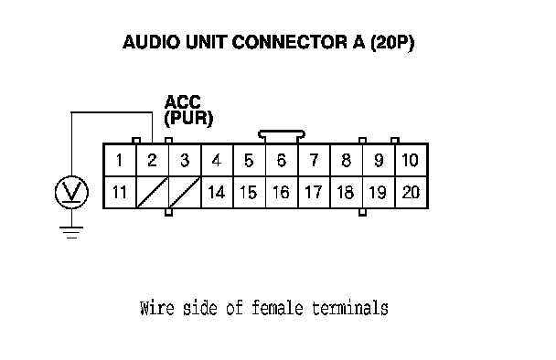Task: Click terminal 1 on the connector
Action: coord(120,160)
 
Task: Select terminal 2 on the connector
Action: coord(153,160)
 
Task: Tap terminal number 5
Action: coord(250,160)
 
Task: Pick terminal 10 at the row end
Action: coord(412,160)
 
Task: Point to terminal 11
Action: coord(120,192)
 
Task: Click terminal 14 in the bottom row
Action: coord(217,192)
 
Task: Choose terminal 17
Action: coord(314,192)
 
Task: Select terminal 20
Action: coord(412,192)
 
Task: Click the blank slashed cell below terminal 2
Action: coord(153,192)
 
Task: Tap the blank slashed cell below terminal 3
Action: coord(185,192)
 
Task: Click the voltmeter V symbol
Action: coord(71,192)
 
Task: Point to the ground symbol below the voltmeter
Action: coord(71,232)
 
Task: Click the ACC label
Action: coord(183,102)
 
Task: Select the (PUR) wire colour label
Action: coord(188,118)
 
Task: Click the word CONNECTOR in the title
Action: coord(290,42)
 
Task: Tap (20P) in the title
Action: coord(392,43)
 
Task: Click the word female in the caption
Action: coord(277,308)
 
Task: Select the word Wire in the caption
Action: coord(157,308)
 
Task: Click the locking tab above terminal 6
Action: coord(282,134)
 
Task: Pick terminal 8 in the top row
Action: coord(346,160)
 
